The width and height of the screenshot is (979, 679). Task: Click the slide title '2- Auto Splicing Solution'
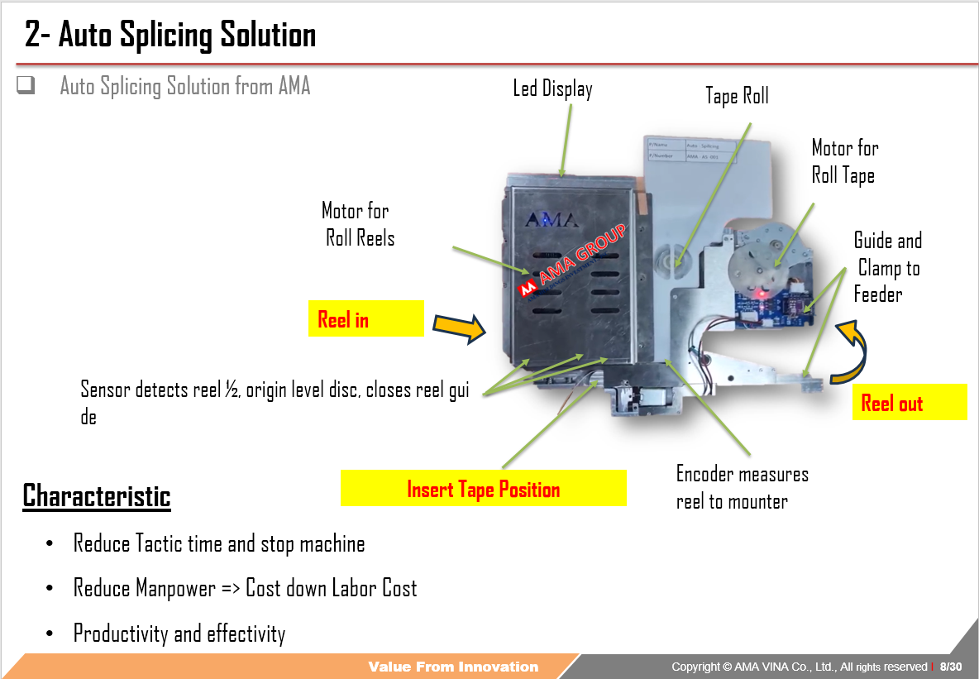tap(170, 36)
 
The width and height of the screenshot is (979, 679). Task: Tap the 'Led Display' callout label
tap(552, 88)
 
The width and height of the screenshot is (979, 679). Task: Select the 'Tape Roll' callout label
tap(737, 96)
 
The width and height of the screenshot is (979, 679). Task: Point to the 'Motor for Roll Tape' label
tap(844, 161)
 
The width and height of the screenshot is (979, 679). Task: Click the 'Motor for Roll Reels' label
tap(358, 224)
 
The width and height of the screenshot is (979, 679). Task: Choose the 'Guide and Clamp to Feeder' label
tap(887, 267)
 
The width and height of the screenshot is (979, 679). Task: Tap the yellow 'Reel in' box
tap(365, 319)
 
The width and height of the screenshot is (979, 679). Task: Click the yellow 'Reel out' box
tap(909, 403)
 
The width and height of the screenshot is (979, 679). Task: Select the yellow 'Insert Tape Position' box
tap(483, 489)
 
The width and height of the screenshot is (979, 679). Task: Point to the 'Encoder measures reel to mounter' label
tap(742, 487)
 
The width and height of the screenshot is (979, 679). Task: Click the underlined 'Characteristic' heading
tap(96, 495)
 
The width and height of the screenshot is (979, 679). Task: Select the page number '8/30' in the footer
tap(951, 667)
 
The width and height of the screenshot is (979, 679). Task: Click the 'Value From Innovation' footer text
tap(453, 667)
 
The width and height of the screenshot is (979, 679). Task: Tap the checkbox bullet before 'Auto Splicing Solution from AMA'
tap(26, 84)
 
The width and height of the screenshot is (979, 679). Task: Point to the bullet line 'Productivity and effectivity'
tap(179, 634)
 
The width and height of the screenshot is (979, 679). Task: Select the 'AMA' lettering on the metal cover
tap(552, 221)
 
